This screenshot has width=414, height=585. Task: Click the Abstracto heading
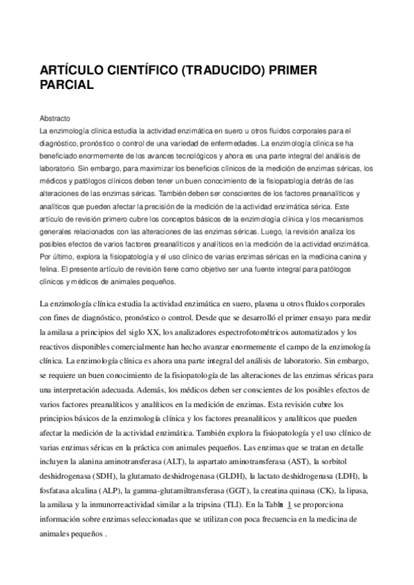[56, 118]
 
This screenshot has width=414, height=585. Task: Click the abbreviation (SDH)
[102, 476]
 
